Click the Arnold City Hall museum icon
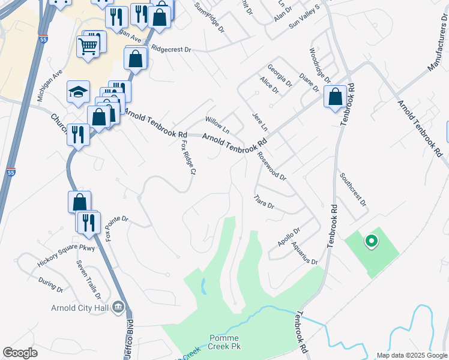(118, 308)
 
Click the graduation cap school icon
(78, 92)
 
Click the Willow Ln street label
(217, 125)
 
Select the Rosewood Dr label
(271, 166)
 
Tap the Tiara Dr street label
(264, 202)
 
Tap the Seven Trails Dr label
(88, 280)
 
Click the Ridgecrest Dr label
(170, 49)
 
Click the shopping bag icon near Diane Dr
(334, 96)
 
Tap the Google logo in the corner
(20, 353)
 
